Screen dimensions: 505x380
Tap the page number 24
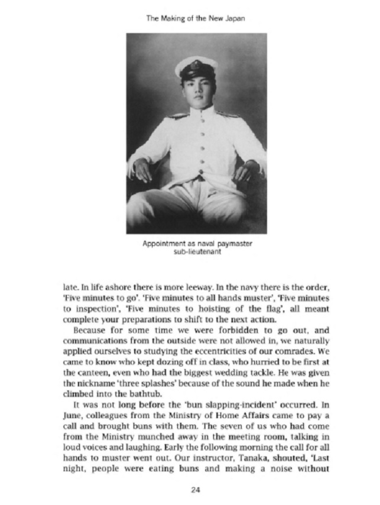196,488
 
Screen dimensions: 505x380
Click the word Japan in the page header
235,18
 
